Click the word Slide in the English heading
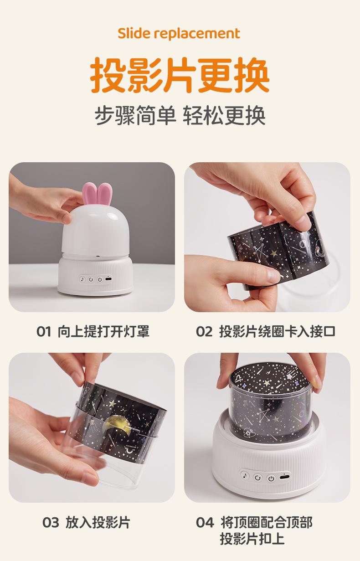(134, 33)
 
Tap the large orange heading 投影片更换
(180, 75)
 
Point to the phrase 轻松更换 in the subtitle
(224, 115)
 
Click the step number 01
(44, 332)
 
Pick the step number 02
(204, 332)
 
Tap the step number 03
(51, 522)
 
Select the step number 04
(205, 522)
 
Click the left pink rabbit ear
(89, 194)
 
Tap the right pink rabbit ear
(104, 194)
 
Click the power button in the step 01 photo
(100, 279)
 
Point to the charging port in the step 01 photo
(108, 279)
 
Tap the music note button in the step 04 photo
(245, 475)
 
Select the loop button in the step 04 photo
(257, 478)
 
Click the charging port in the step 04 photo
(285, 476)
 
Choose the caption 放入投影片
(98, 522)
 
